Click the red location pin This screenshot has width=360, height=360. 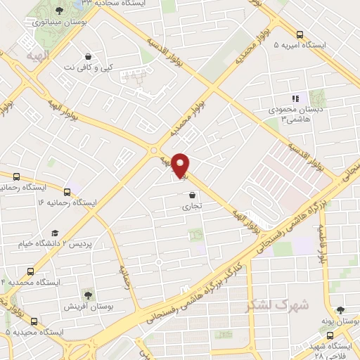click(181, 165)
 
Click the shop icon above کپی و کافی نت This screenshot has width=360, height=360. click(87, 56)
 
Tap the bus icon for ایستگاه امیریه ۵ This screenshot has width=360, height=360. click(300, 34)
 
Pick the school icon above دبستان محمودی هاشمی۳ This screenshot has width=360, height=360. click(295, 98)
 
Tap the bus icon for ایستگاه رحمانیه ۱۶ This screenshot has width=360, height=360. click(67, 191)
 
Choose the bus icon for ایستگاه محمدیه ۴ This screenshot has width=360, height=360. click(30, 271)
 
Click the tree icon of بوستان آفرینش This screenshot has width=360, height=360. click(89, 295)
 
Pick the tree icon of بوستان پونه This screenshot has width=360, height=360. click(340, 309)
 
